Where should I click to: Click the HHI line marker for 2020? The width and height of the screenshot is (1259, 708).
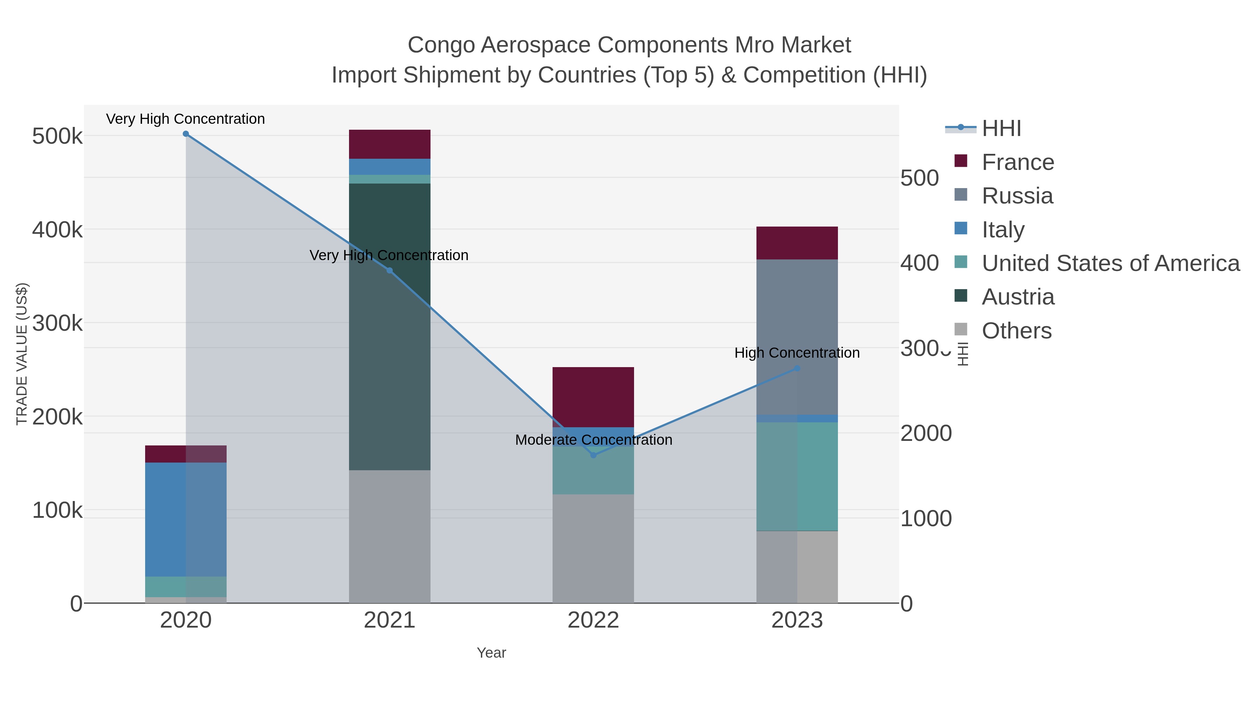pyautogui.click(x=186, y=134)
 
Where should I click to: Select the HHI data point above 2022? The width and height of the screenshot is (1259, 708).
pyautogui.click(x=593, y=455)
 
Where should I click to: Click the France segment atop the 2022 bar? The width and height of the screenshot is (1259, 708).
pyautogui.click(x=593, y=397)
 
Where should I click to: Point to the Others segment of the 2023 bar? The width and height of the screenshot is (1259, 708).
pyautogui.click(x=797, y=567)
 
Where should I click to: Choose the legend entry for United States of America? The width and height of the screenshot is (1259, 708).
pyautogui.click(x=1110, y=263)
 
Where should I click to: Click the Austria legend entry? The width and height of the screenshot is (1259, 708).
pyautogui.click(x=1018, y=297)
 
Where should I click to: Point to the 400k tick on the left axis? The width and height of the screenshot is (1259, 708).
pyautogui.click(x=57, y=230)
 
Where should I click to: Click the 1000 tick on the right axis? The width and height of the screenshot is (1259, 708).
pyautogui.click(x=926, y=519)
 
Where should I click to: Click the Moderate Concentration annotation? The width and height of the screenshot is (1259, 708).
pyautogui.click(x=593, y=440)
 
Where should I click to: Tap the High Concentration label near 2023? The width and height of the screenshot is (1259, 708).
pyautogui.click(x=797, y=353)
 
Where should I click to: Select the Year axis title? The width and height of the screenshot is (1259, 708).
pyautogui.click(x=491, y=653)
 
